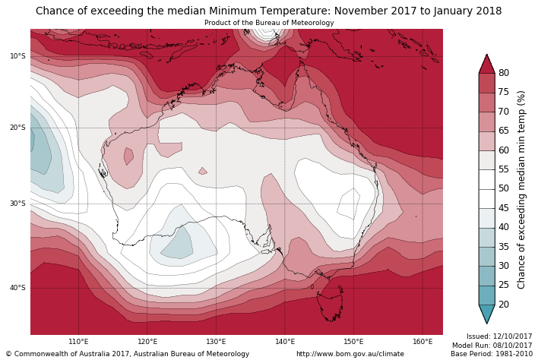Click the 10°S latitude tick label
[17, 56]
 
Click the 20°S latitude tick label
[17, 128]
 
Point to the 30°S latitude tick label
[17, 204]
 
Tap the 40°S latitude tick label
[17, 288]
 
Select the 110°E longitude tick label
[78, 342]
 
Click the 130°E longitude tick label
[216, 342]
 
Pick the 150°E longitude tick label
[353, 342]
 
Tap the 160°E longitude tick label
[422, 342]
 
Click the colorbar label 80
[503, 73]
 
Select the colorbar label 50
[503, 188]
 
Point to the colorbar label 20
[503, 305]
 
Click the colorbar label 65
[503, 131]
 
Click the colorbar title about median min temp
[521, 189]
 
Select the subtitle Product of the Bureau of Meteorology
[269, 23]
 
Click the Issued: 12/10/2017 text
[499, 336]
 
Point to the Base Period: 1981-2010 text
[492, 354]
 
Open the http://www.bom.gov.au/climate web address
[350, 354]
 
